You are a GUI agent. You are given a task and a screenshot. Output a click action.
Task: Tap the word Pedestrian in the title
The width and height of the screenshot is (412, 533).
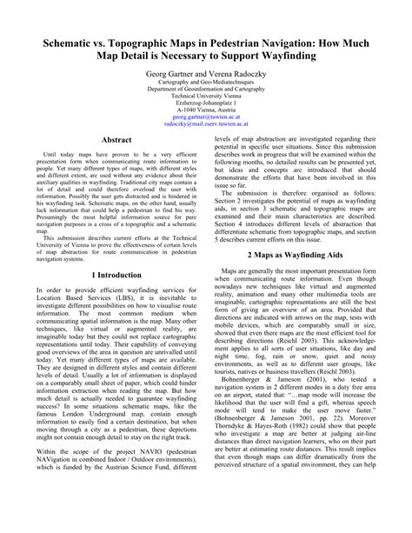click(269, 43)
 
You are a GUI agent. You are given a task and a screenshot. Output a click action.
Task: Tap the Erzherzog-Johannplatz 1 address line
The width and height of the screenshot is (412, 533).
click(206, 110)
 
